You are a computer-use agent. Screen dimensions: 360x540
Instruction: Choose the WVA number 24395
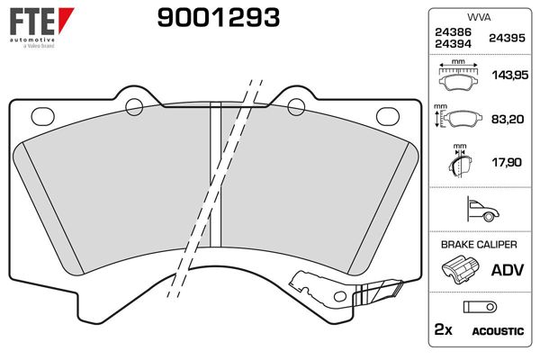507,39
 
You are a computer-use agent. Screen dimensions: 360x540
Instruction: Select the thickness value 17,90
507,164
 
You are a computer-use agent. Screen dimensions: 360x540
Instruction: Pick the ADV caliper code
507,270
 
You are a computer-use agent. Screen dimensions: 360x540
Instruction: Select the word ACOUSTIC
498,332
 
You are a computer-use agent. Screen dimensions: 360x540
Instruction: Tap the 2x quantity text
444,331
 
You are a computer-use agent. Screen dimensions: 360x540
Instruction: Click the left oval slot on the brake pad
41,115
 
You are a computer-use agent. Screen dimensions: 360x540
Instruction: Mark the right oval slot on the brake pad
388,115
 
